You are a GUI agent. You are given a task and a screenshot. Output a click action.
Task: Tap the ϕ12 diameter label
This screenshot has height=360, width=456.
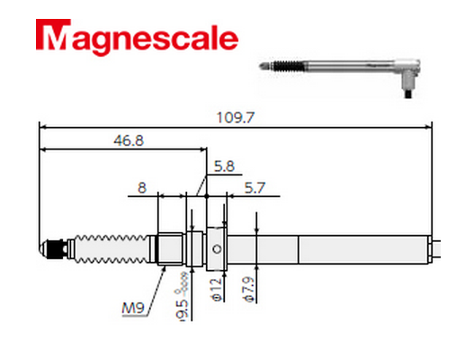pyautogui.click(x=215, y=290)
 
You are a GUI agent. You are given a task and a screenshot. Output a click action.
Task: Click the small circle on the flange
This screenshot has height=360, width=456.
pyautogui.click(x=215, y=247)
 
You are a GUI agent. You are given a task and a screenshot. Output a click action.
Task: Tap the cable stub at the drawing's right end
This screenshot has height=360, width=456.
pyautogui.click(x=434, y=246)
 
